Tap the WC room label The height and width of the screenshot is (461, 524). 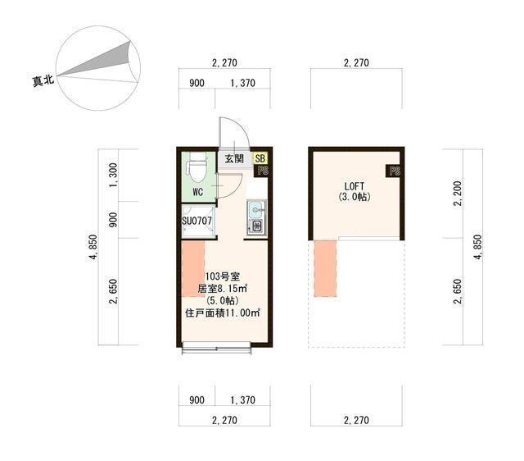coord(198,192)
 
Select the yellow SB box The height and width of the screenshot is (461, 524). coord(260,158)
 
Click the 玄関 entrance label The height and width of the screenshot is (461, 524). coord(234,158)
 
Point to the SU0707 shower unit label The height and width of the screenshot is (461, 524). coord(196,221)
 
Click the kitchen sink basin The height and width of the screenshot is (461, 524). coord(256,210)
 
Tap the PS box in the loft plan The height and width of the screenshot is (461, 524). coord(394,171)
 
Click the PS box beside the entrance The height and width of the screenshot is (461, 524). coord(262,171)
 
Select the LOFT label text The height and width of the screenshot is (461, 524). coord(355,186)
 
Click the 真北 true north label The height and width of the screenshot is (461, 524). coord(43,80)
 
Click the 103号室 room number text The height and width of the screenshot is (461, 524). coord(222,276)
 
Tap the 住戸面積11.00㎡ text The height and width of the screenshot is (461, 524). coord(223,313)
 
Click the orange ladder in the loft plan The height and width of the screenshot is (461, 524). coord(325,268)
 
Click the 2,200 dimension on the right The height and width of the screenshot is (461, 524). coord(458,194)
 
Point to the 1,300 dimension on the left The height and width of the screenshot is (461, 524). coord(114,175)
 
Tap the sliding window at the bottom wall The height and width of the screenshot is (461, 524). coord(216,348)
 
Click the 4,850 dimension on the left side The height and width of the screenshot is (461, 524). coord(93,247)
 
